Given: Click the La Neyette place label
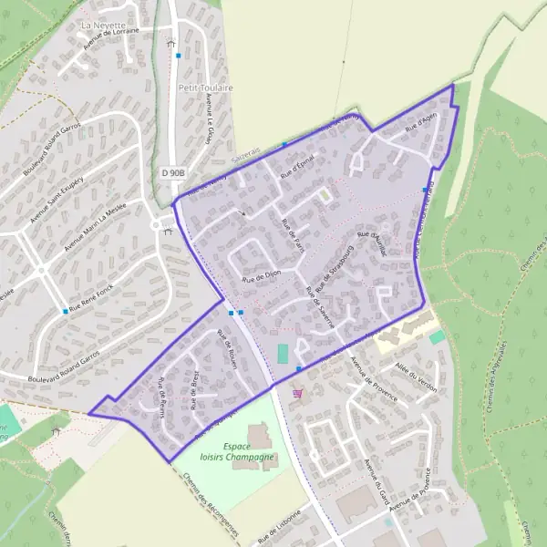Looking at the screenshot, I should click(x=103, y=25).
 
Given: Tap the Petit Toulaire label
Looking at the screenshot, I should click(x=205, y=88).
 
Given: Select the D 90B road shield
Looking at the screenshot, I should click(x=174, y=172).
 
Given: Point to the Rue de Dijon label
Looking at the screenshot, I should click(x=261, y=273).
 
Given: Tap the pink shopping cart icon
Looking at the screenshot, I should click(x=298, y=393).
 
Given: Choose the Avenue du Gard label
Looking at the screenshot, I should click(x=377, y=481).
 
